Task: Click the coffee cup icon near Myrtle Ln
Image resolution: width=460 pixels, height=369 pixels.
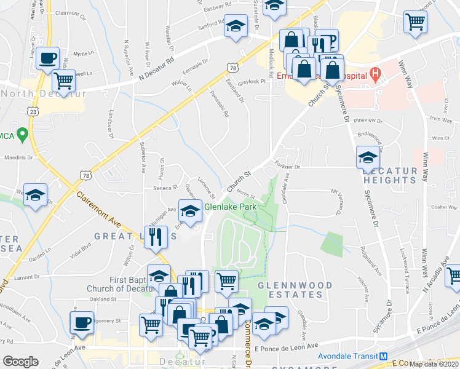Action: [47, 59]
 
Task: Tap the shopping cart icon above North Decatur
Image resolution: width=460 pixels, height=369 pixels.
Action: [63, 79]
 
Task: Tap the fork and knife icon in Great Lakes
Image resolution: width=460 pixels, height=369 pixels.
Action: [156, 236]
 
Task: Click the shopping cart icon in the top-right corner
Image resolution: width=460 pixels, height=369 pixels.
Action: [416, 22]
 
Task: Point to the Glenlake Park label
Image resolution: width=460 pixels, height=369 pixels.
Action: [230, 207]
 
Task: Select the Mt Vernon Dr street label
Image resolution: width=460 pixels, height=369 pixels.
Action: [337, 203]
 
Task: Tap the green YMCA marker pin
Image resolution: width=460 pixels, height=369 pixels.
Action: [23, 133]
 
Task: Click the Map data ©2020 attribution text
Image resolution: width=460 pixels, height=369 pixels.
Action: [434, 364]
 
